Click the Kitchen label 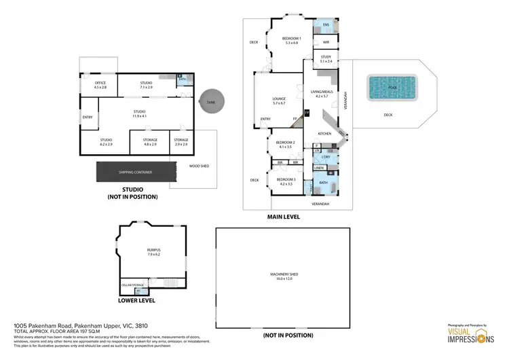point(325,134)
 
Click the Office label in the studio point(100,84)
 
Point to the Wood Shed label point(198,166)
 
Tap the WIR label point(326,42)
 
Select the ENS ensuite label point(326,24)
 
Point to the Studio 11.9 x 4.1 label point(139,113)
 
